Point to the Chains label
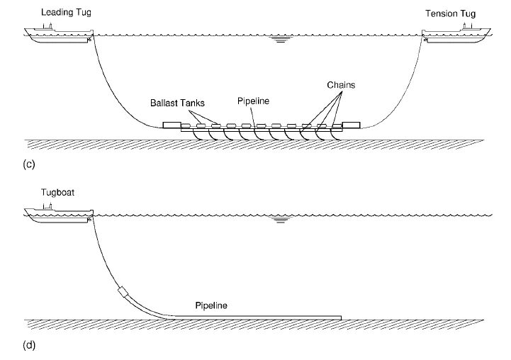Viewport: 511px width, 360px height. tap(342, 84)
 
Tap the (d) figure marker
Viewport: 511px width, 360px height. tap(29, 347)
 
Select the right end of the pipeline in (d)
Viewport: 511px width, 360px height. tap(340, 316)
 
